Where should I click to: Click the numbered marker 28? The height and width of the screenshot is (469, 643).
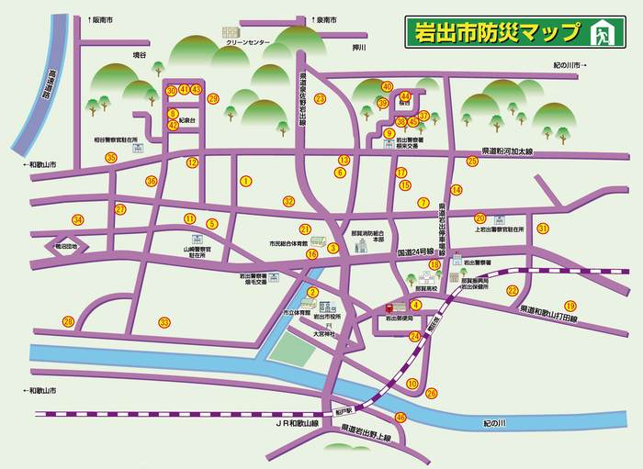click(x=68, y=321)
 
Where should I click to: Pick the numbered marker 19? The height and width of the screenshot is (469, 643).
click(x=570, y=306)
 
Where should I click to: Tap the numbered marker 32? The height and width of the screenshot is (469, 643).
click(x=288, y=201)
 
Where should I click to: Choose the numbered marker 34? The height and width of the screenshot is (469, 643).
click(x=78, y=219)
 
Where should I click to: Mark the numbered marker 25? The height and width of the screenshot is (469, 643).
click(x=472, y=162)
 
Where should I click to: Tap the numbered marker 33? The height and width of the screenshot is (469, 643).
click(x=164, y=322)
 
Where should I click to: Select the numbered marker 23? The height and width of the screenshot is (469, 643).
click(x=320, y=98)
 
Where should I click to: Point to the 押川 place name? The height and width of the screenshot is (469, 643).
click(x=359, y=47)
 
